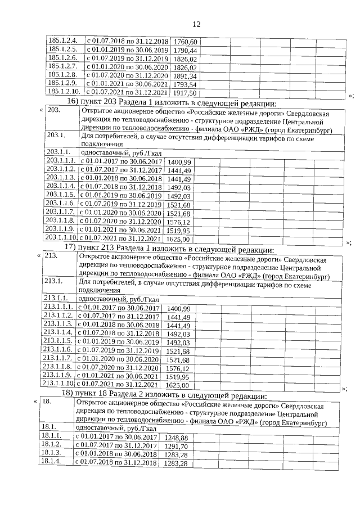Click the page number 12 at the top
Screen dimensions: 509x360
(x=196, y=24)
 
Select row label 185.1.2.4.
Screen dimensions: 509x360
(x=62, y=42)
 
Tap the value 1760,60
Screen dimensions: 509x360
(x=185, y=42)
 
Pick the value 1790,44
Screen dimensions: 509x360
(x=185, y=51)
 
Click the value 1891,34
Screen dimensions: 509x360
(x=185, y=76)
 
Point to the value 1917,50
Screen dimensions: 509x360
(x=185, y=93)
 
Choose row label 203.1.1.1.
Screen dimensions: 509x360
(x=60, y=161)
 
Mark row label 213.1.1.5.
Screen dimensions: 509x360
(x=58, y=341)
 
